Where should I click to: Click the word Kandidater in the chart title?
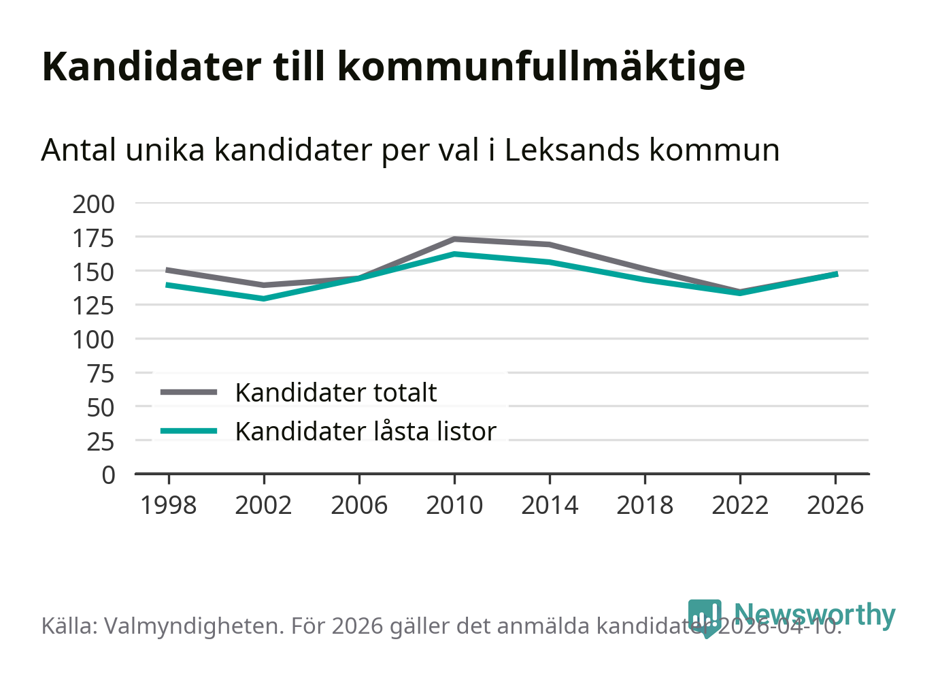(151, 67)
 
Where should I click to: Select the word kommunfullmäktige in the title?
(541, 67)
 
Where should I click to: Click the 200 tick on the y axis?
(94, 204)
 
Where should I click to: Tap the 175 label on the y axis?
(94, 238)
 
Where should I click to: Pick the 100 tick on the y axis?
(94, 339)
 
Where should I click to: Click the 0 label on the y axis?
(108, 474)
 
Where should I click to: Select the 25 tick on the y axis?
(100, 441)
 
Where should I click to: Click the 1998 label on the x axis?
(168, 505)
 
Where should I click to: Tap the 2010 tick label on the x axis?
(454, 505)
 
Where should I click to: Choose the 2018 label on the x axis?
(645, 505)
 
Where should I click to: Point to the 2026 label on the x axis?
(835, 505)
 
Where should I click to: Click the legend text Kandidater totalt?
(336, 393)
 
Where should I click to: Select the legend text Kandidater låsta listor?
(366, 432)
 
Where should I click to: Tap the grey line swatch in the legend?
(189, 392)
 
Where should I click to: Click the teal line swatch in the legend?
(189, 431)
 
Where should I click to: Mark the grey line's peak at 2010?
(454, 239)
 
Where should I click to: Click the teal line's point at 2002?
(263, 298)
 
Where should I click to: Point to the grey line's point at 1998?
(168, 270)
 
